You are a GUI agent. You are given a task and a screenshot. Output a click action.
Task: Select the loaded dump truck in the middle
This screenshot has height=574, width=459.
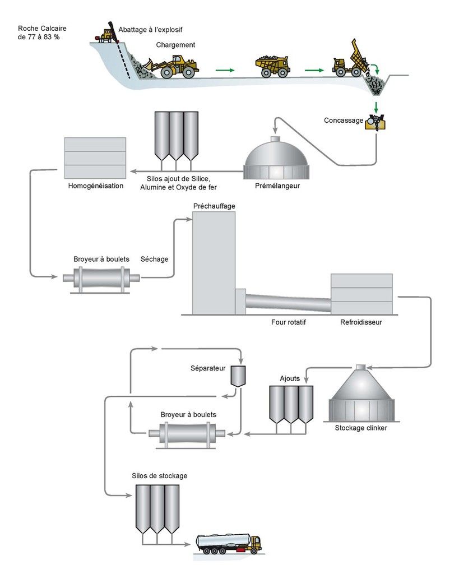coord(272,66)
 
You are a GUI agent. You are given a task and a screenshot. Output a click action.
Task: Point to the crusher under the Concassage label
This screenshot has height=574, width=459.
coord(376,122)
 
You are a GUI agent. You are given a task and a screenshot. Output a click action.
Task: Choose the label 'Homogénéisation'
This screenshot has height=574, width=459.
coord(95,186)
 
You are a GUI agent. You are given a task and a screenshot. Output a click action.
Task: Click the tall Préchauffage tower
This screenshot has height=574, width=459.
coord(214,263)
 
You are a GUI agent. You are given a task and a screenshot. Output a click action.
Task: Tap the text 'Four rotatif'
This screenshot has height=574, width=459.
coord(289,323)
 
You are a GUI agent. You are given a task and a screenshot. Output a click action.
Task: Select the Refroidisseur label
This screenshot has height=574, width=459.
coord(361,323)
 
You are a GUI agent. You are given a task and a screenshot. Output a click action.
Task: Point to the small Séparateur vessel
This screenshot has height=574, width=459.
coord(238,376)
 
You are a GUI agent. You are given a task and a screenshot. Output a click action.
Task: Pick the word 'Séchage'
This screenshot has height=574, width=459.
coord(154,259)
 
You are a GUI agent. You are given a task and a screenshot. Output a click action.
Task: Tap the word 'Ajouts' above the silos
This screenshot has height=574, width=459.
coord(290,378)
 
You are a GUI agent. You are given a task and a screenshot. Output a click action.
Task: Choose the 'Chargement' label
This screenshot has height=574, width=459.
coord(175,45)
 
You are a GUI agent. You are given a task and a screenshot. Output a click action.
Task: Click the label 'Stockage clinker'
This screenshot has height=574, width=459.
coord(361,428)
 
